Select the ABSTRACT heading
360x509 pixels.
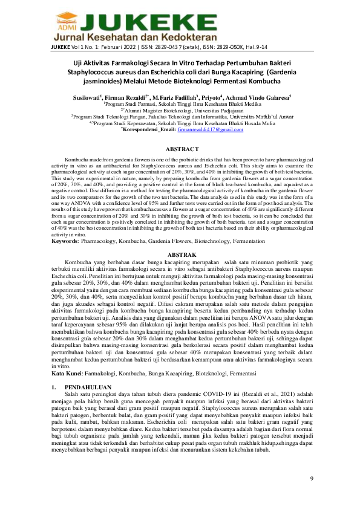(182, 149)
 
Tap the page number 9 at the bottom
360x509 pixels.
(312, 479)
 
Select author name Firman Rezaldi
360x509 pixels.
(125, 96)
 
